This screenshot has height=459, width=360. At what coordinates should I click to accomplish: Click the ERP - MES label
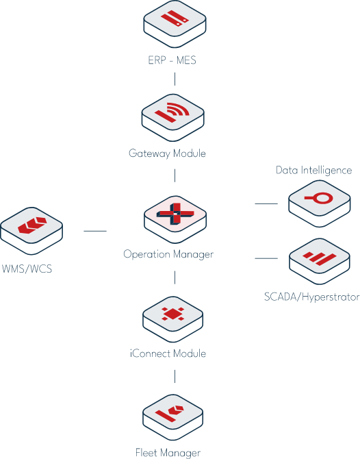172,60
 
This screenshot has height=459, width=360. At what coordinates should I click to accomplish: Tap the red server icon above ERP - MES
175,18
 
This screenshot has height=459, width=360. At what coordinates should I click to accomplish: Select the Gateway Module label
167,153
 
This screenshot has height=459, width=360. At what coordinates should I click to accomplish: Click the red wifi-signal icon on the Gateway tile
172,112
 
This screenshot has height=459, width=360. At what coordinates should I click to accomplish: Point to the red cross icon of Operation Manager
175,214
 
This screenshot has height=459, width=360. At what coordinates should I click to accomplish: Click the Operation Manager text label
168,254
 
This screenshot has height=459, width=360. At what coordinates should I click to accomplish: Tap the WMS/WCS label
27,269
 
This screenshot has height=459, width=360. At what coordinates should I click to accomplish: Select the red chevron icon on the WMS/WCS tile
32,225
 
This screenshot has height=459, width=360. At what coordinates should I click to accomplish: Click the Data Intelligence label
313,171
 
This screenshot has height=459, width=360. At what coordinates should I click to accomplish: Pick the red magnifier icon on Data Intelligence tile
319,198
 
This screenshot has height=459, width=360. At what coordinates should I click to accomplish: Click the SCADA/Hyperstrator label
311,297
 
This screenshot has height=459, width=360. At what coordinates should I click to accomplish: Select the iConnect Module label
168,353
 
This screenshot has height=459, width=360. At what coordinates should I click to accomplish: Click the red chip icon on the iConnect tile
173,314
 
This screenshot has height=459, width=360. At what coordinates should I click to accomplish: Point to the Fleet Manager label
168,453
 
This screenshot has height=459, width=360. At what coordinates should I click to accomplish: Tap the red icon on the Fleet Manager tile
170,413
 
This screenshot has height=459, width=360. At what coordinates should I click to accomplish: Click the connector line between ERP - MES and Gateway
175,79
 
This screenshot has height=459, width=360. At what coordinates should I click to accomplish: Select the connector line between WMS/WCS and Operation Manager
95,231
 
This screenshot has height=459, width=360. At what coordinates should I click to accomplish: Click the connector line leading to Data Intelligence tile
266,203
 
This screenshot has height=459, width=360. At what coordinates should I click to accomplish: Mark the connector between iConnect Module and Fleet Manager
175,376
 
